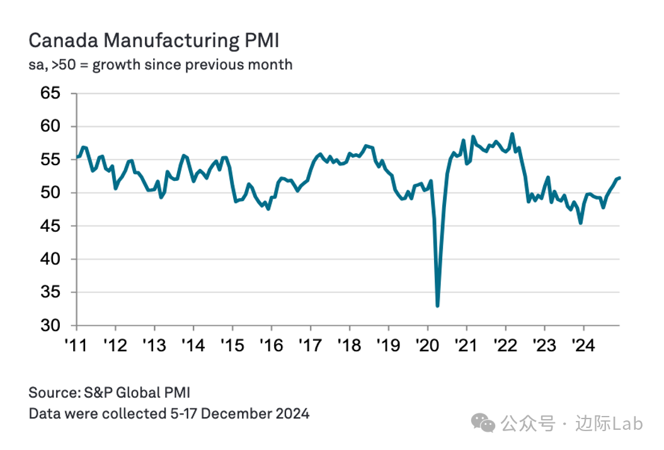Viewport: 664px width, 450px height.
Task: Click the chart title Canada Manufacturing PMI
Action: coord(154,41)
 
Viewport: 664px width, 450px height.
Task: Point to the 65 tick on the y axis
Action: coord(50,93)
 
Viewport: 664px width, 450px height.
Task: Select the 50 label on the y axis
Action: coord(50,193)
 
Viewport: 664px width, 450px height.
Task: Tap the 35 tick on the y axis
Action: coord(50,292)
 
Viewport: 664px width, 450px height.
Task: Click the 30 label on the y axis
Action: coord(50,326)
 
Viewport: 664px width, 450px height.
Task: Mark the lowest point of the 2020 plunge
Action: coord(437,306)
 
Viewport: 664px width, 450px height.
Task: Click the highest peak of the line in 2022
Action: coord(512,134)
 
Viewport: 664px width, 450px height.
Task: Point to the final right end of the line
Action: coord(619,178)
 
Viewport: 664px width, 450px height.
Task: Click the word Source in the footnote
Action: coord(54,393)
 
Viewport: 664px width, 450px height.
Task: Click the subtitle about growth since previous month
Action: coord(161,64)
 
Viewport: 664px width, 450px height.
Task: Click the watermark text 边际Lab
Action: coord(609,424)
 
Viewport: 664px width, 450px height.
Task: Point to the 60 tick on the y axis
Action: coord(50,127)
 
